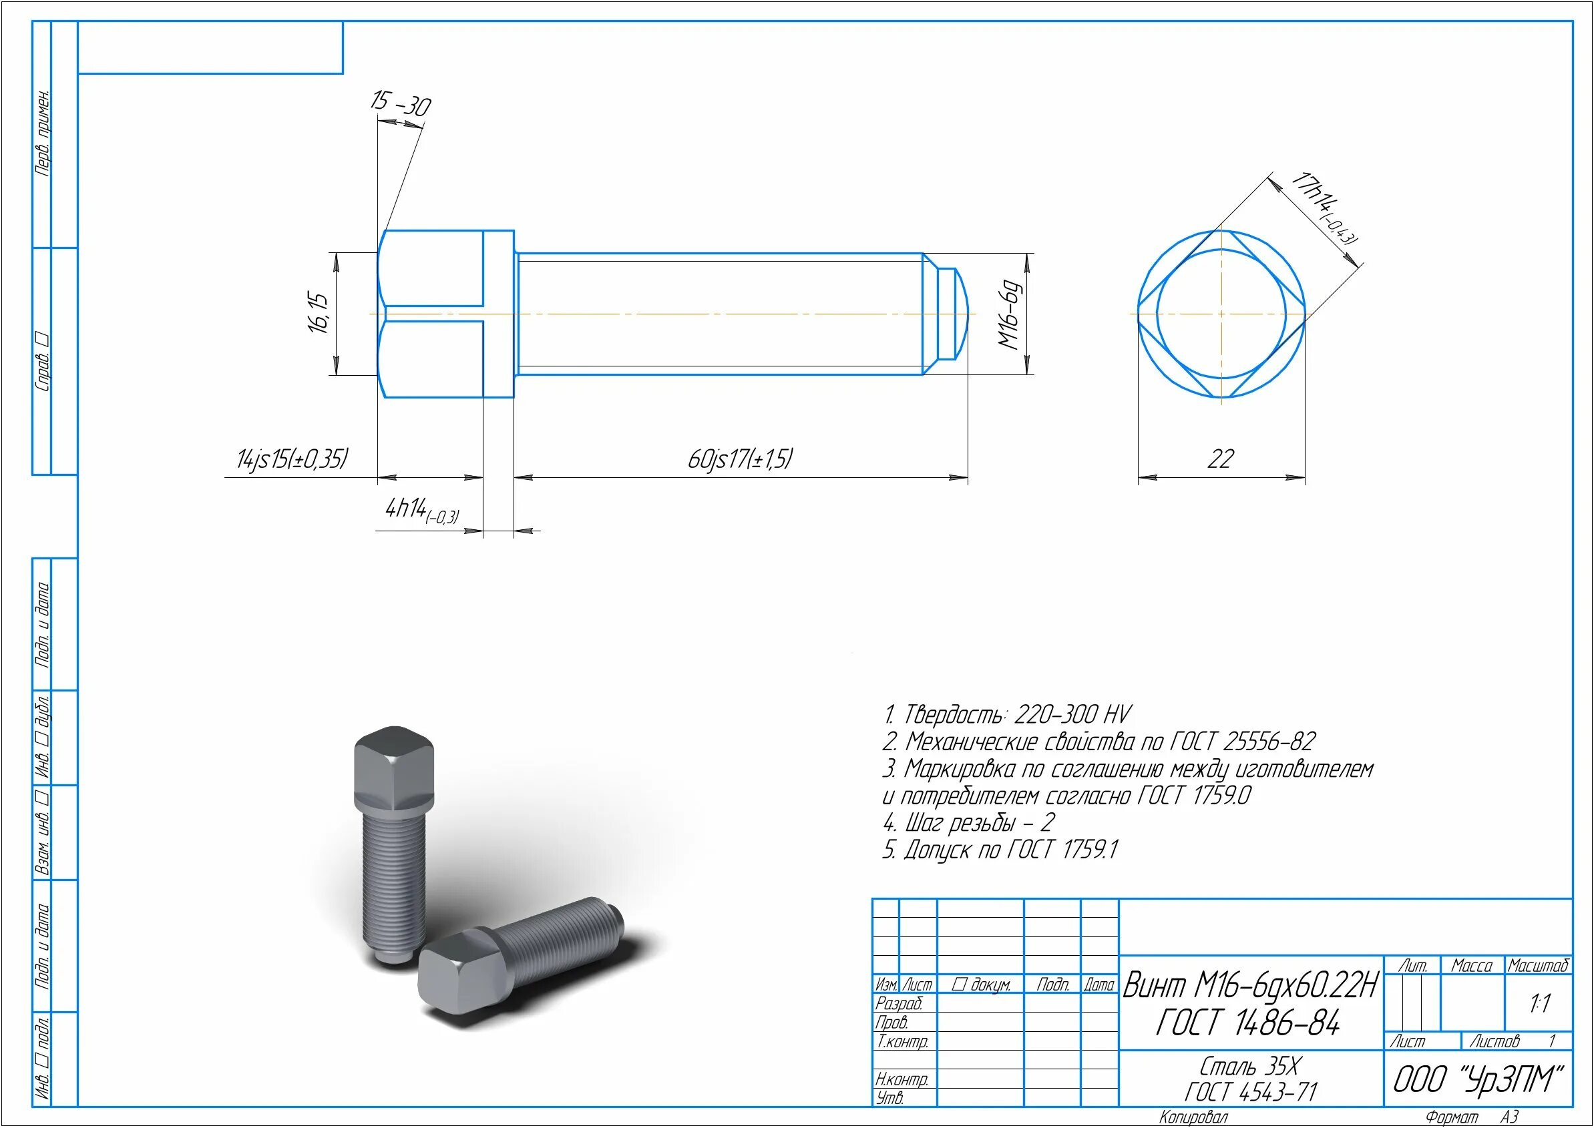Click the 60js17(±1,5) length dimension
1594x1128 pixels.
click(740, 459)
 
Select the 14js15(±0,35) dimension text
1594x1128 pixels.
click(292, 459)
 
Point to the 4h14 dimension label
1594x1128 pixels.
click(423, 511)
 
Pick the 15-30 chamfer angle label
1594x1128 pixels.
click(400, 103)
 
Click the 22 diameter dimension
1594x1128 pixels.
click(1221, 459)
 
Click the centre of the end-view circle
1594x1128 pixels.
click(1221, 314)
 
